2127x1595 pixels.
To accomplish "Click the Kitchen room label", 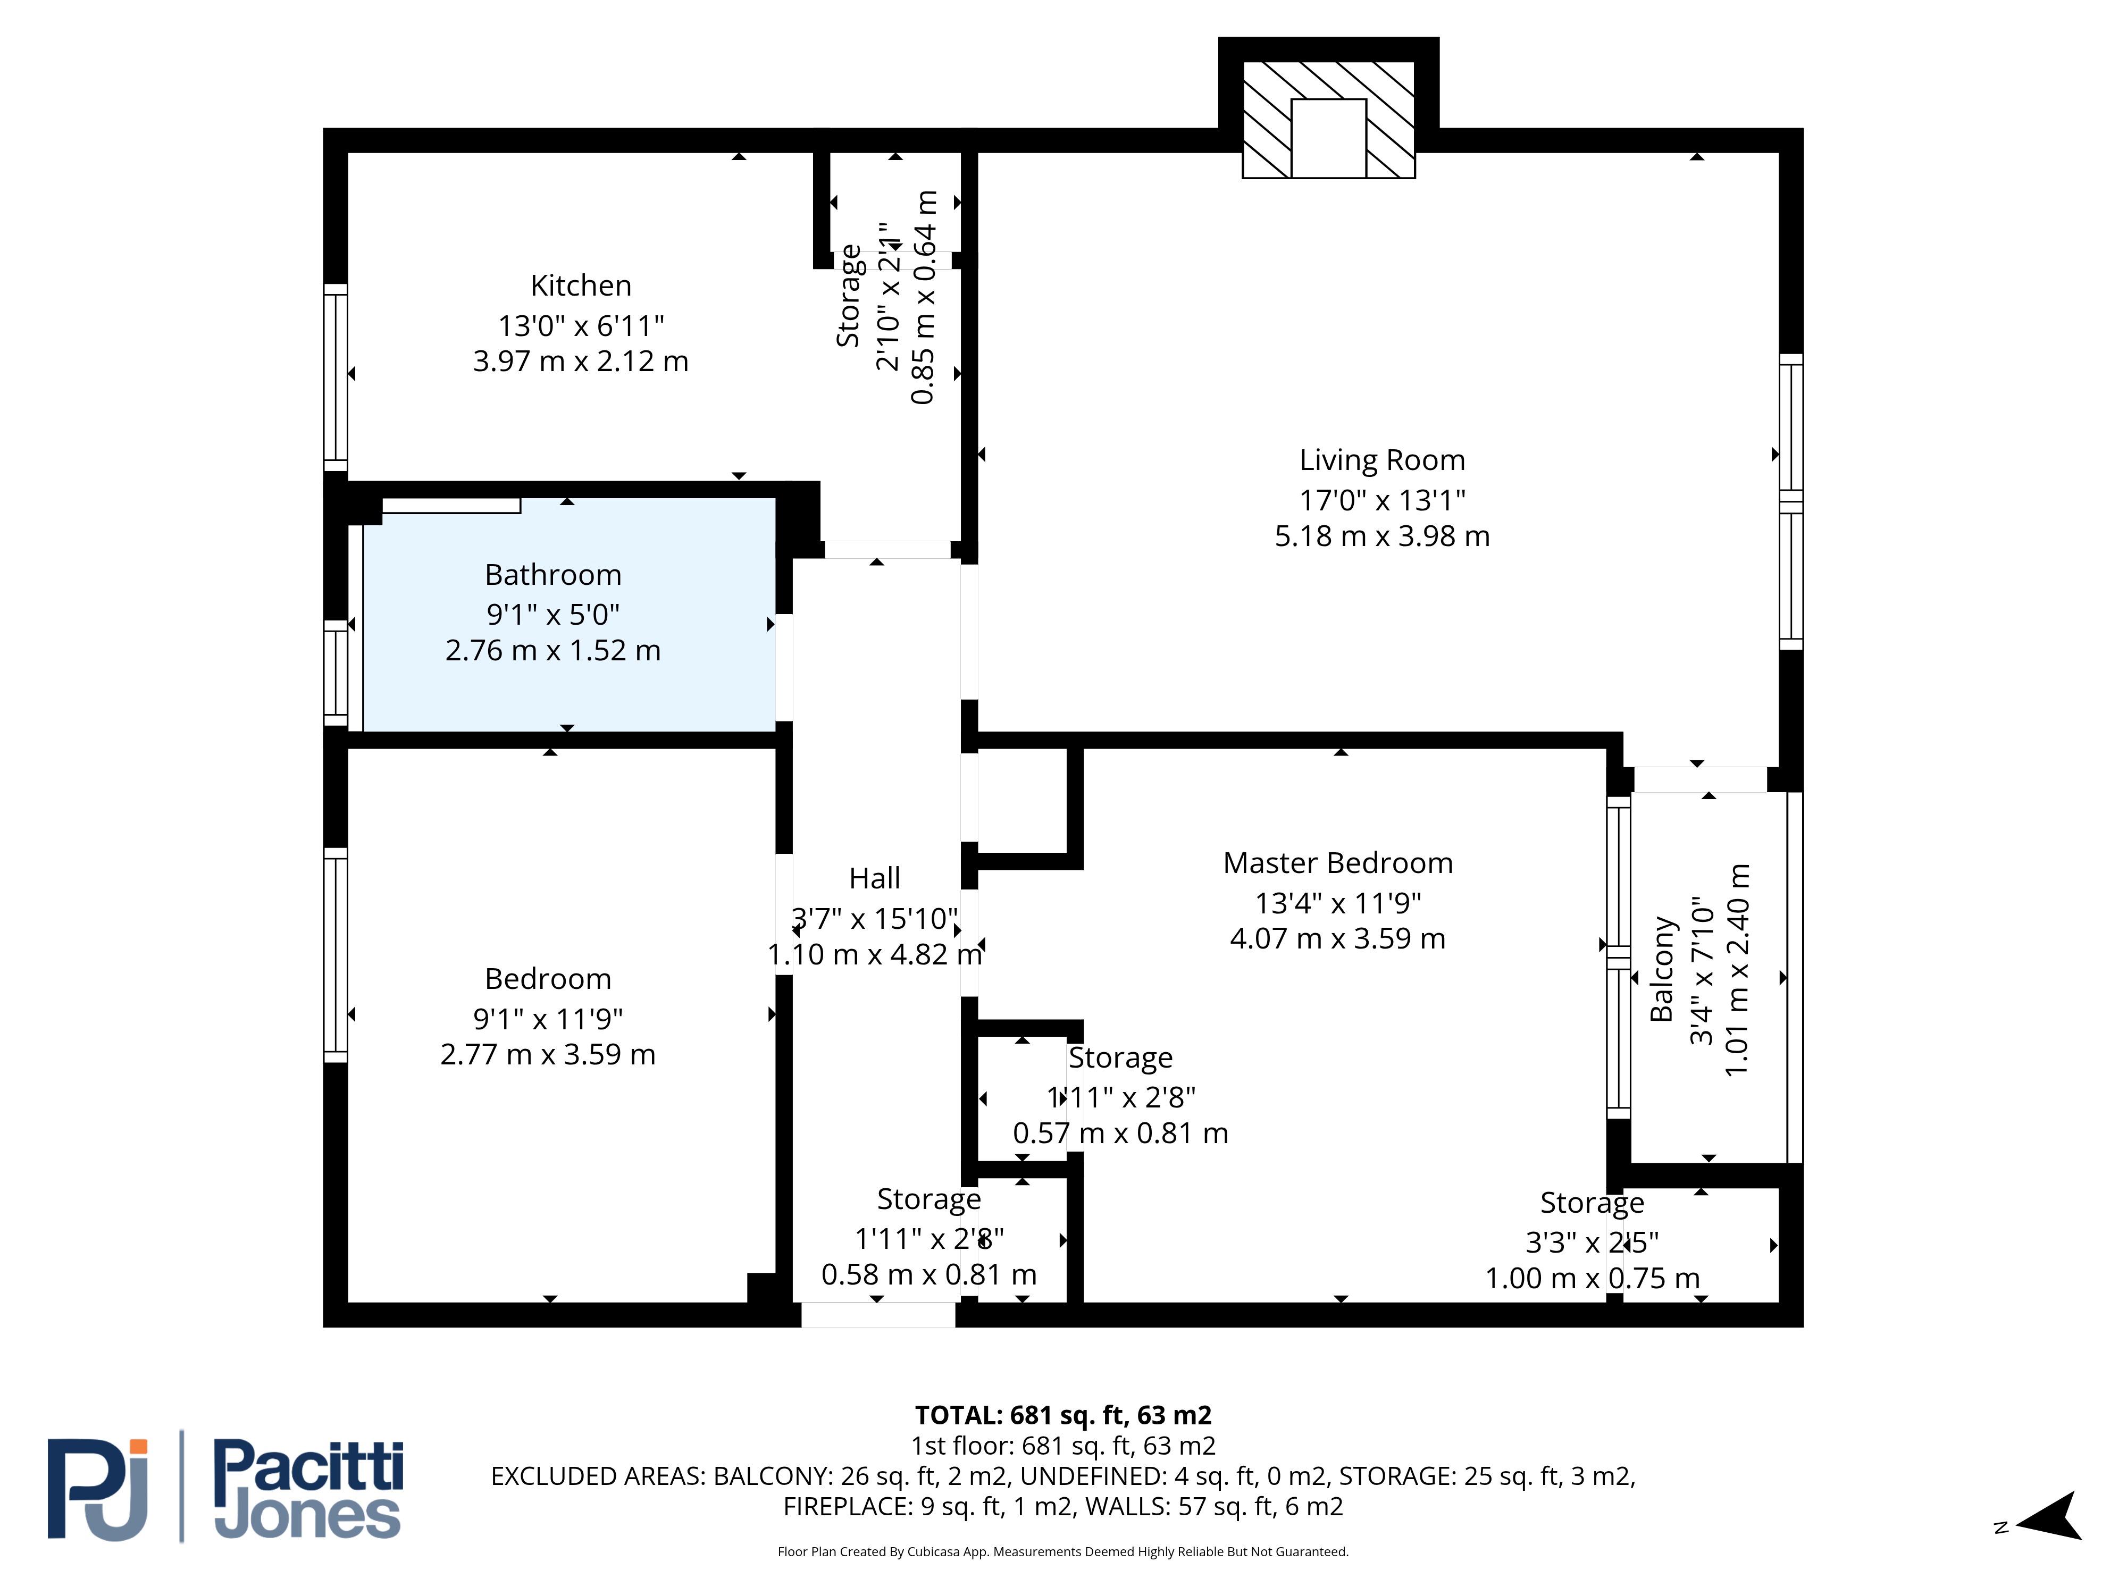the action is (x=581, y=286).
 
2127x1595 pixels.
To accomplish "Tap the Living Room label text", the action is (x=1382, y=460).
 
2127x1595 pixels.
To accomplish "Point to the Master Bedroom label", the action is (x=1337, y=863).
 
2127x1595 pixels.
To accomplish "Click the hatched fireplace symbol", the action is (x=1328, y=119).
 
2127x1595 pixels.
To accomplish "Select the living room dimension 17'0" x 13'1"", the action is (x=1382, y=500).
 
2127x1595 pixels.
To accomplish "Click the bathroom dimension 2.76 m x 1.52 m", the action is (x=553, y=651).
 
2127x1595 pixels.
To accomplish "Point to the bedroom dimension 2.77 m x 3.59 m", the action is (x=548, y=1055).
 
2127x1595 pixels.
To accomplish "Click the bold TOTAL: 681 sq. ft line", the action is (x=1062, y=1415).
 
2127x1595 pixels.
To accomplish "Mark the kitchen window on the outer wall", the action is (x=334, y=378).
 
